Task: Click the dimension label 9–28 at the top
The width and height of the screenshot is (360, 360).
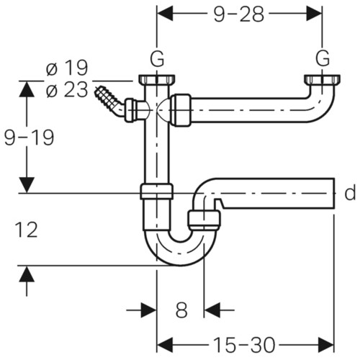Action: click(x=239, y=14)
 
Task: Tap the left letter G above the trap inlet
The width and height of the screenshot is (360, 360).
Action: click(x=157, y=59)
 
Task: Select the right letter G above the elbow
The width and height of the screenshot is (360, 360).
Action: click(x=323, y=59)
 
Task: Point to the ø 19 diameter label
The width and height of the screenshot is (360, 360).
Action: click(x=67, y=68)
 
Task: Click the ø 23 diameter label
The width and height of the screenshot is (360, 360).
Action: click(x=67, y=90)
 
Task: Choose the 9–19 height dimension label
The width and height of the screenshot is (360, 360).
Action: click(x=29, y=138)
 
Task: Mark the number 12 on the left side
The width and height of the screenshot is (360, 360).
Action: click(x=26, y=230)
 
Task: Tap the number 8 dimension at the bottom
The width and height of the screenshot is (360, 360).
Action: click(x=181, y=310)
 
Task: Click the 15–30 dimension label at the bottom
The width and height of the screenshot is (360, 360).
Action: click(x=243, y=345)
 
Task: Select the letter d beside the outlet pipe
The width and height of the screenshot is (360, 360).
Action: click(x=350, y=193)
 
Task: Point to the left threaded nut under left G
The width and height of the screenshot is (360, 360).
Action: click(x=157, y=80)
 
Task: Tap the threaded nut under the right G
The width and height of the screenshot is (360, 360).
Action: click(x=322, y=80)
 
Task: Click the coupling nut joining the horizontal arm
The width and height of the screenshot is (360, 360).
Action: click(x=181, y=110)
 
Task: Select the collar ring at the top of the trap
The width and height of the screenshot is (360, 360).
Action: click(x=156, y=192)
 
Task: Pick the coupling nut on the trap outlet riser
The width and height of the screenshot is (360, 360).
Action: click(x=204, y=220)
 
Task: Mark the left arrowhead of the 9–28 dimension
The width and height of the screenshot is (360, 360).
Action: click(x=165, y=14)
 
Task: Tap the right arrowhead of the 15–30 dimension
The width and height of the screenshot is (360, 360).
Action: click(x=326, y=345)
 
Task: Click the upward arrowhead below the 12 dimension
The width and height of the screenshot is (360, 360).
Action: click(x=27, y=274)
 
